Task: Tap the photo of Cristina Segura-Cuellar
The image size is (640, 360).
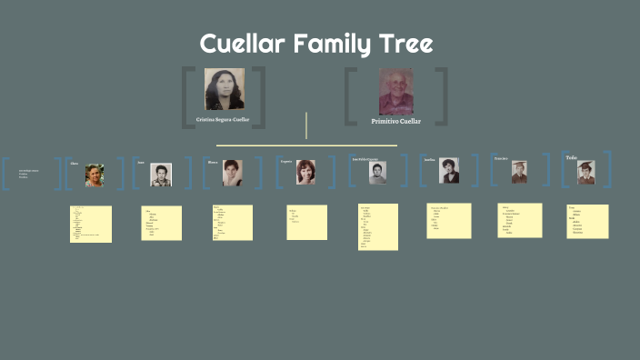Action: pyautogui.click(x=224, y=89)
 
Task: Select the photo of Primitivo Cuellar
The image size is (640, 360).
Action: pyautogui.click(x=395, y=91)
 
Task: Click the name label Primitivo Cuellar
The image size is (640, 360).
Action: pyautogui.click(x=396, y=121)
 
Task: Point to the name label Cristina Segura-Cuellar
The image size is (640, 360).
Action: pyautogui.click(x=224, y=119)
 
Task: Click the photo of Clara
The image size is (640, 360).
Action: pyautogui.click(x=95, y=175)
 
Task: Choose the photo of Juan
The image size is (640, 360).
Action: pyautogui.click(x=160, y=175)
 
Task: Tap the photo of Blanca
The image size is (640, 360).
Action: pyautogui.click(x=233, y=173)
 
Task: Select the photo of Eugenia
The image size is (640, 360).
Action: pyautogui.click(x=305, y=173)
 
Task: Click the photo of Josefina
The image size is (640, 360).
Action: pyautogui.click(x=449, y=171)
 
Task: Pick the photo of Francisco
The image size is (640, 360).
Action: pyautogui.click(x=519, y=172)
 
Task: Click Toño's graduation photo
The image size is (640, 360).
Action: pyautogui.click(x=586, y=172)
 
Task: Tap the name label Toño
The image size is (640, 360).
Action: pyautogui.click(x=571, y=158)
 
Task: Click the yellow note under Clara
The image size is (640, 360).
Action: pyautogui.click(x=91, y=224)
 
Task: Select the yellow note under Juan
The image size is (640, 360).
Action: pyautogui.click(x=162, y=224)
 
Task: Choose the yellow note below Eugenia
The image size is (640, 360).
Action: pyautogui.click(x=306, y=222)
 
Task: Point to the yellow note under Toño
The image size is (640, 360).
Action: pyautogui.click(x=588, y=221)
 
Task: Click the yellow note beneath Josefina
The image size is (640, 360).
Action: pyautogui.click(x=449, y=221)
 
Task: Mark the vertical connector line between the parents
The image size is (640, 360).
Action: pyautogui.click(x=306, y=125)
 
